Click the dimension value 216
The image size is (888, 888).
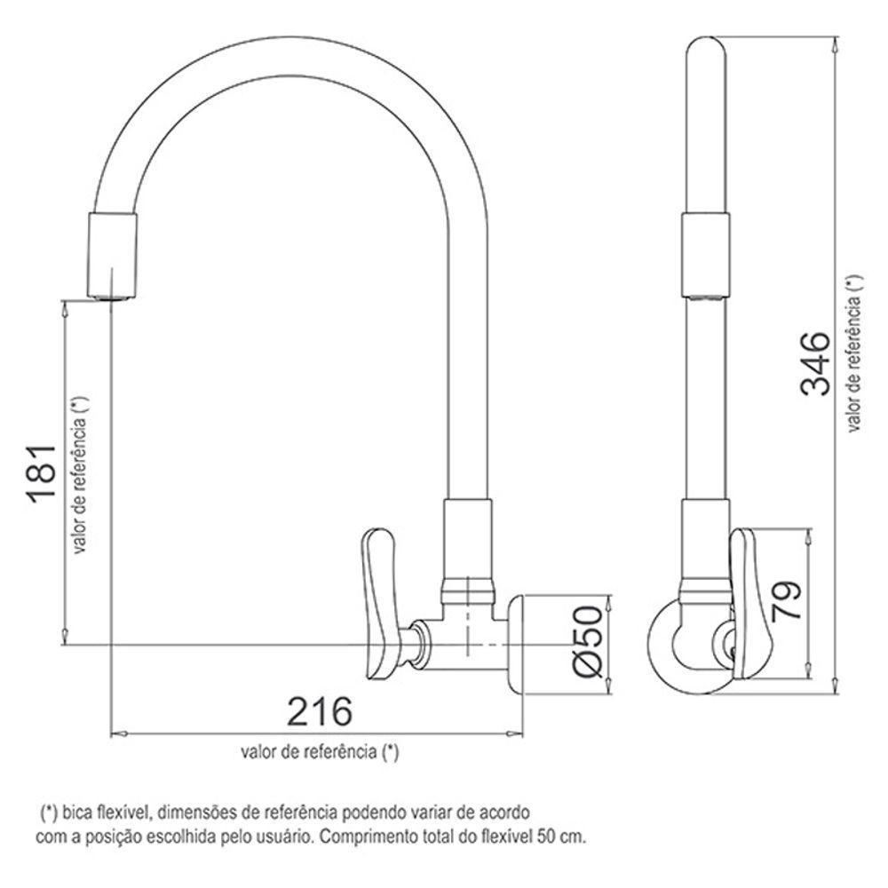tap(319, 711)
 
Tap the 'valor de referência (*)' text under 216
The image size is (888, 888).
tap(319, 752)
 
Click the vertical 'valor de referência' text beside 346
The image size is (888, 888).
tap(854, 351)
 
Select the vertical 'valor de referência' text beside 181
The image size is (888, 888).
tap(81, 475)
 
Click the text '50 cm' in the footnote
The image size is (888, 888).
tap(567, 836)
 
